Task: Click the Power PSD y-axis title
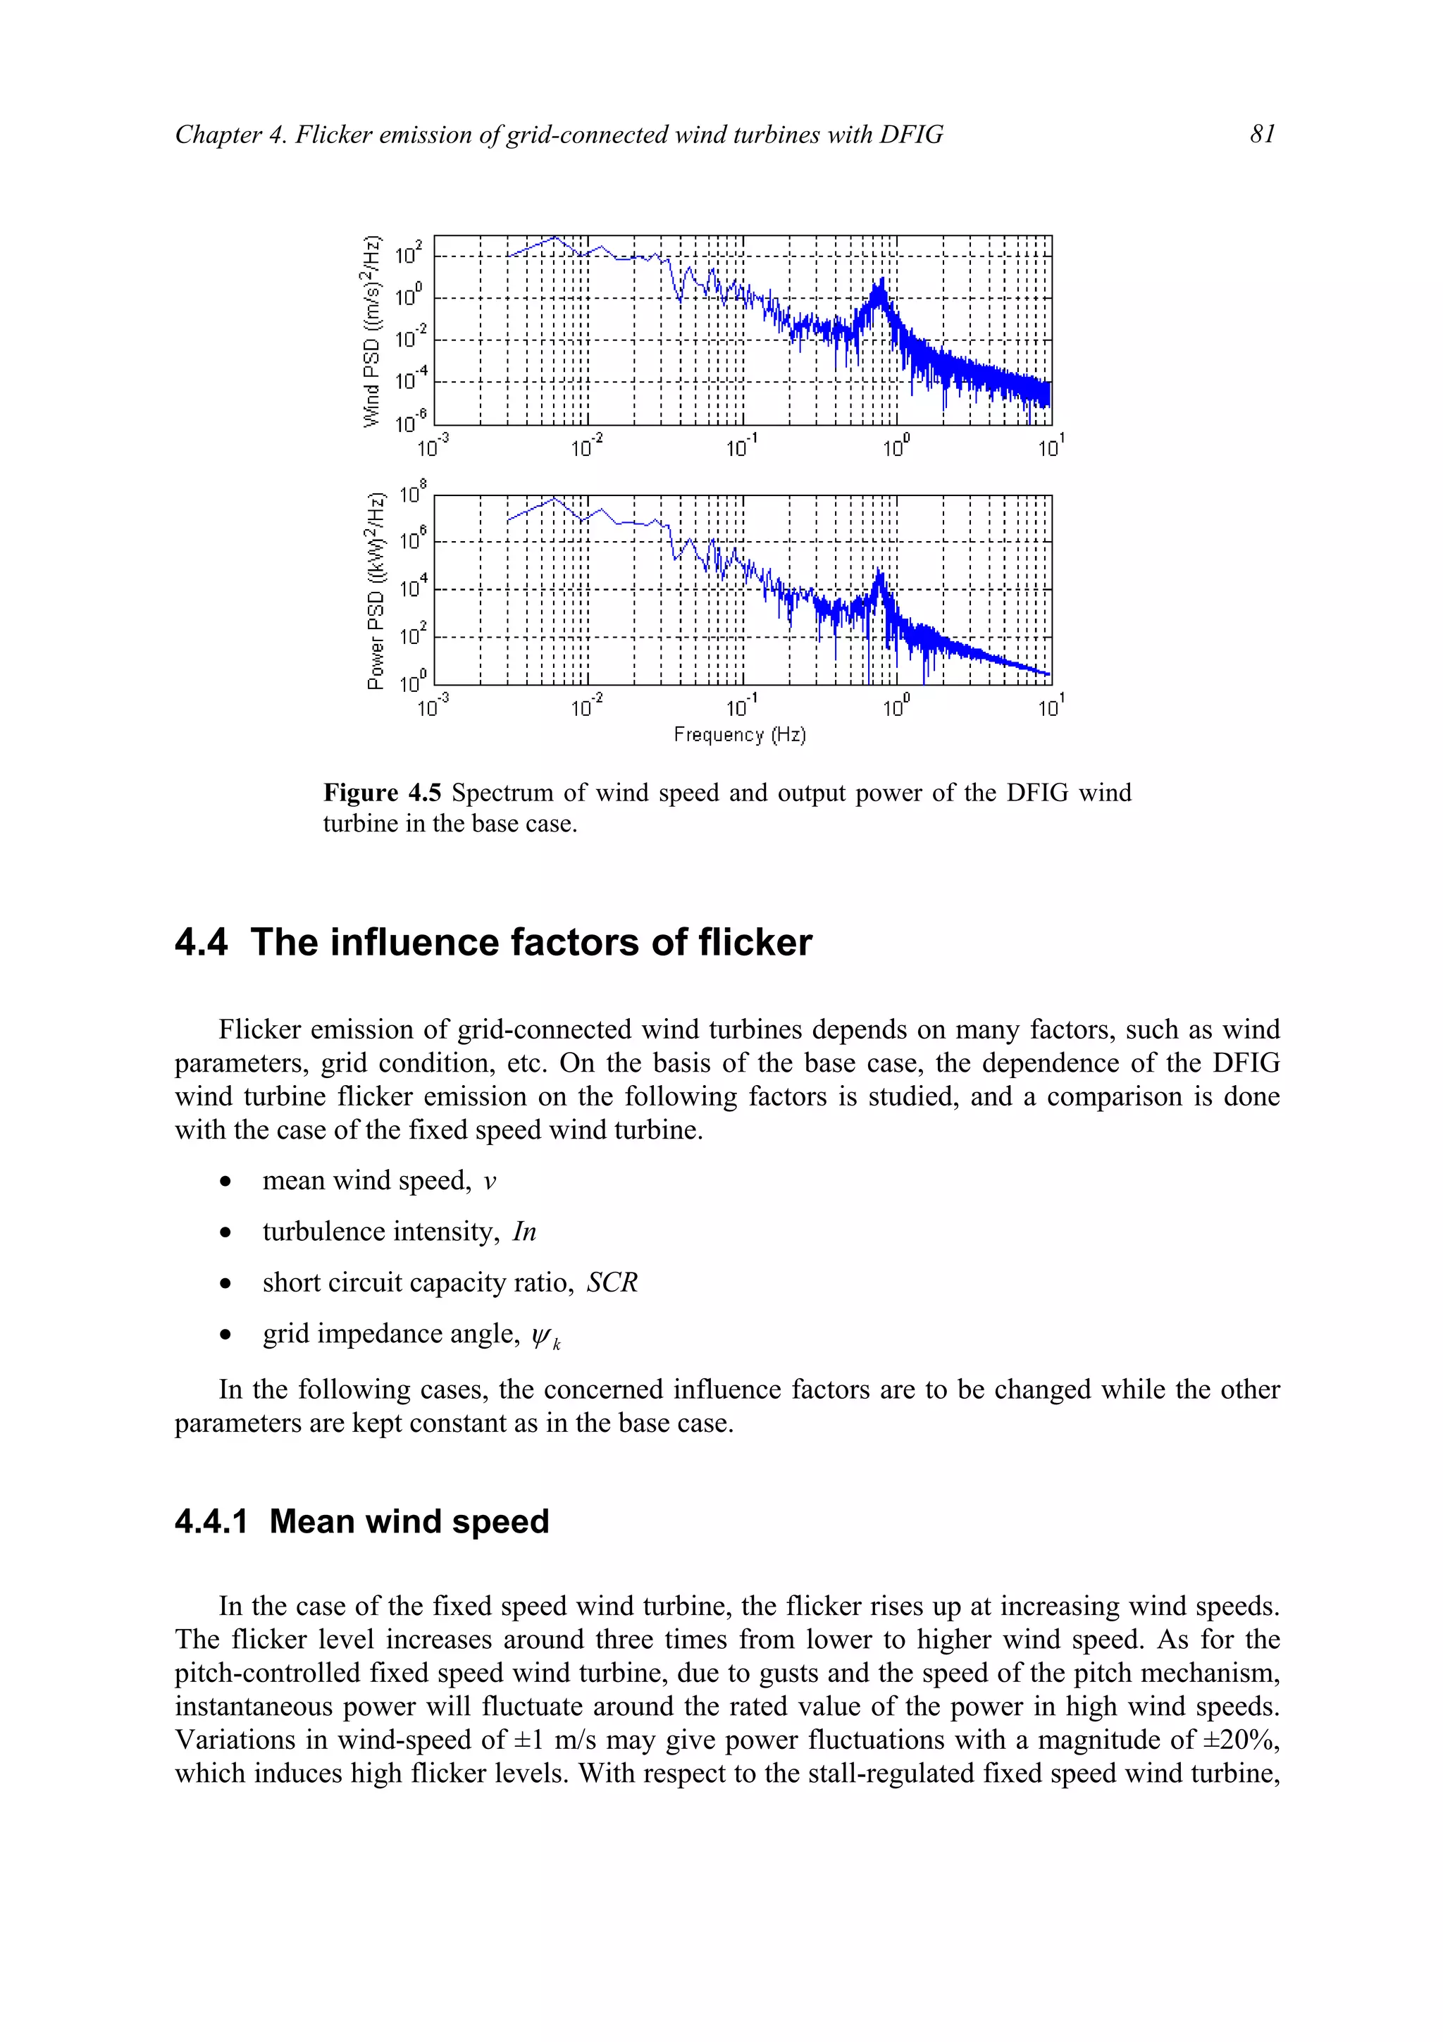click(376, 590)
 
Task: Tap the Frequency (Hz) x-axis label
click(739, 735)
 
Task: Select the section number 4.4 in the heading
click(201, 943)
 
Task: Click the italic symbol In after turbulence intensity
click(524, 1232)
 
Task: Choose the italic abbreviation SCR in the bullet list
click(612, 1282)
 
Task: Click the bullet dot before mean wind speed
click(226, 1182)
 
